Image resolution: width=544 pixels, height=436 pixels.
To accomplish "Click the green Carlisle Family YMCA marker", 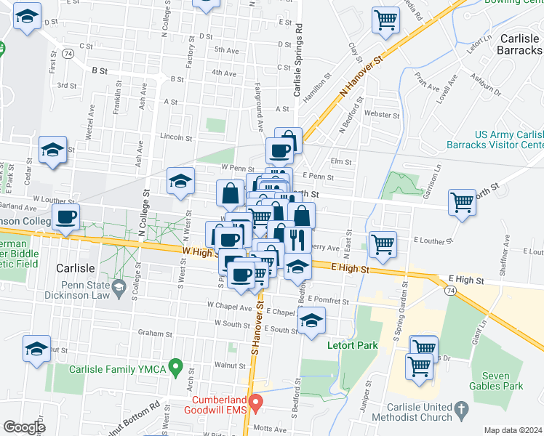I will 175,368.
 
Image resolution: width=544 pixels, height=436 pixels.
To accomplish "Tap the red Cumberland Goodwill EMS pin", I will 255,402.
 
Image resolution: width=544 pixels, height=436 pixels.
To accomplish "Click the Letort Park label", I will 353,345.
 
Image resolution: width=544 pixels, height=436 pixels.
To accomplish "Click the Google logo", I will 24,427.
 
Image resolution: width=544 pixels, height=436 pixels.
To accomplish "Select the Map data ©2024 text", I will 513,430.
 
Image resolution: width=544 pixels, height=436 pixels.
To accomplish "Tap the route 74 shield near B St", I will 68,54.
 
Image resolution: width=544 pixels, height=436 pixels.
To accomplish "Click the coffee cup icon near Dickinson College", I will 65,218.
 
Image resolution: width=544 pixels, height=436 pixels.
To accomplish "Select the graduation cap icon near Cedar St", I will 52,152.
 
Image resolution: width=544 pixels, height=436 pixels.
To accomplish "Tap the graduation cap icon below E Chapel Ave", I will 311,322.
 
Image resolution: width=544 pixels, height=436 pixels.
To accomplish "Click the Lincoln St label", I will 175,137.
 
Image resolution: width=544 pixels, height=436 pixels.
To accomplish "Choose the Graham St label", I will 153,334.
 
